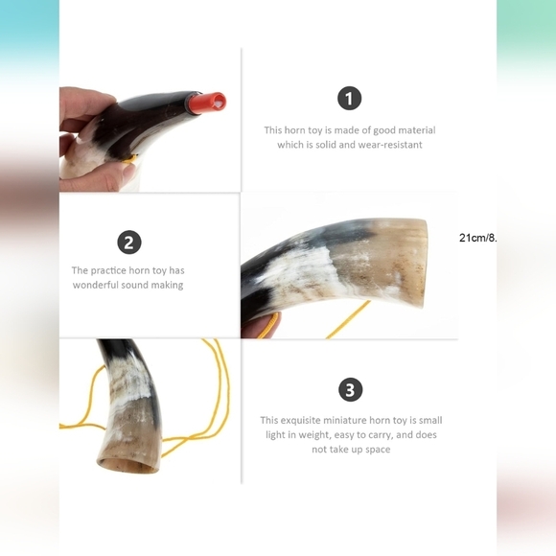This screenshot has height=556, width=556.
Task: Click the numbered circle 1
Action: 349,98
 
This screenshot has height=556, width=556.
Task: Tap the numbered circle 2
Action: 129,243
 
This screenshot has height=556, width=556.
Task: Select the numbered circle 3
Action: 350,390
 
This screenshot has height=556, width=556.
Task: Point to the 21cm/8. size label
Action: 477,238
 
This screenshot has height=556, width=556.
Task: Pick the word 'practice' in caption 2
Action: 108,270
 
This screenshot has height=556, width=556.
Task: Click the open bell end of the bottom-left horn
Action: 128,465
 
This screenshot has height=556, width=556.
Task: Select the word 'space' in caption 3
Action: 378,450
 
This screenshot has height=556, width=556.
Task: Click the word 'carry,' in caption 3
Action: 380,435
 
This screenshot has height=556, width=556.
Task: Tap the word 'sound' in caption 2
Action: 134,285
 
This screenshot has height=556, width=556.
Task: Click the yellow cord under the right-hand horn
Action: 346,320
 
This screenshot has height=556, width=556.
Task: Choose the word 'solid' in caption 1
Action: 326,145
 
